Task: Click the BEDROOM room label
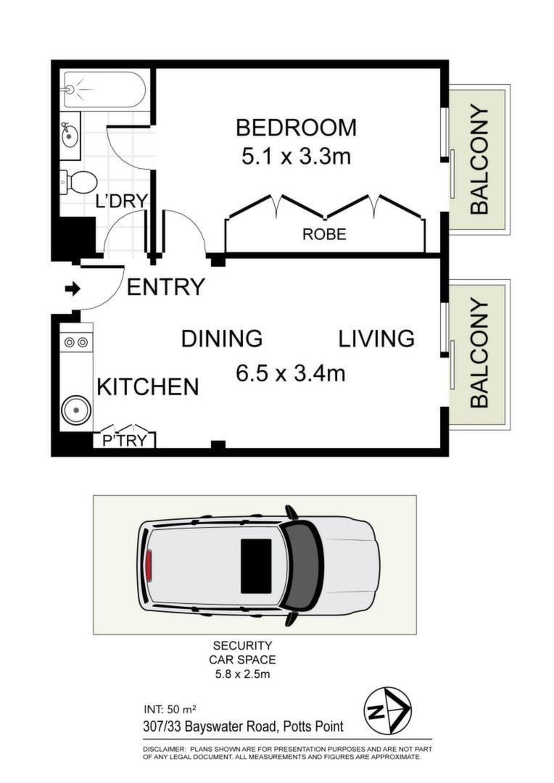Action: coord(297,128)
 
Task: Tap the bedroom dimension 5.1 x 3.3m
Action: coord(297,157)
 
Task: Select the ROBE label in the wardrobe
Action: coord(324,234)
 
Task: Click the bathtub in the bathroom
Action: coord(104,89)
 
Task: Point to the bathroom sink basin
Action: coord(70,136)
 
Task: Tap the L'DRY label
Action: coord(121,201)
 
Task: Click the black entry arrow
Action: coord(73,289)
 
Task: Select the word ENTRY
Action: coord(166,287)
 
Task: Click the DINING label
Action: coord(222,339)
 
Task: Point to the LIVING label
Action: coord(376,339)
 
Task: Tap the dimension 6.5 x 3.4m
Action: coord(291,373)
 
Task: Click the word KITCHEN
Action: coord(148,387)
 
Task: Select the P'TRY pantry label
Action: coord(125,441)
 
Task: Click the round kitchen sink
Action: coord(76,410)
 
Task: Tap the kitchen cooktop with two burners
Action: coord(76,342)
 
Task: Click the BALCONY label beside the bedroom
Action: coord(479,159)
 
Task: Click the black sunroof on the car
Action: coord(256,565)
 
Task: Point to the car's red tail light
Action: coord(149,565)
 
